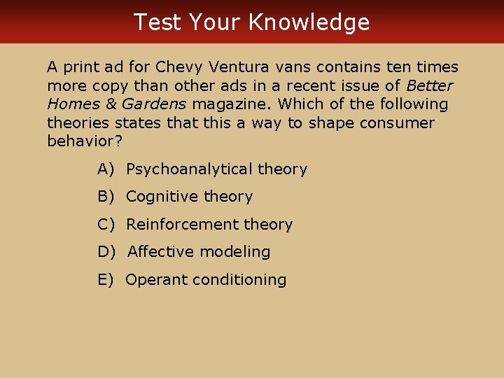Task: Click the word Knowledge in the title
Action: click(x=309, y=23)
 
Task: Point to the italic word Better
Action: click(x=429, y=86)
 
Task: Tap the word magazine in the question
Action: click(x=230, y=104)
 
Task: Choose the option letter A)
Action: click(x=105, y=169)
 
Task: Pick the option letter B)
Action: click(x=105, y=197)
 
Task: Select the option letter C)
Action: click(x=105, y=225)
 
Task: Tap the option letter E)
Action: click(x=105, y=280)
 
